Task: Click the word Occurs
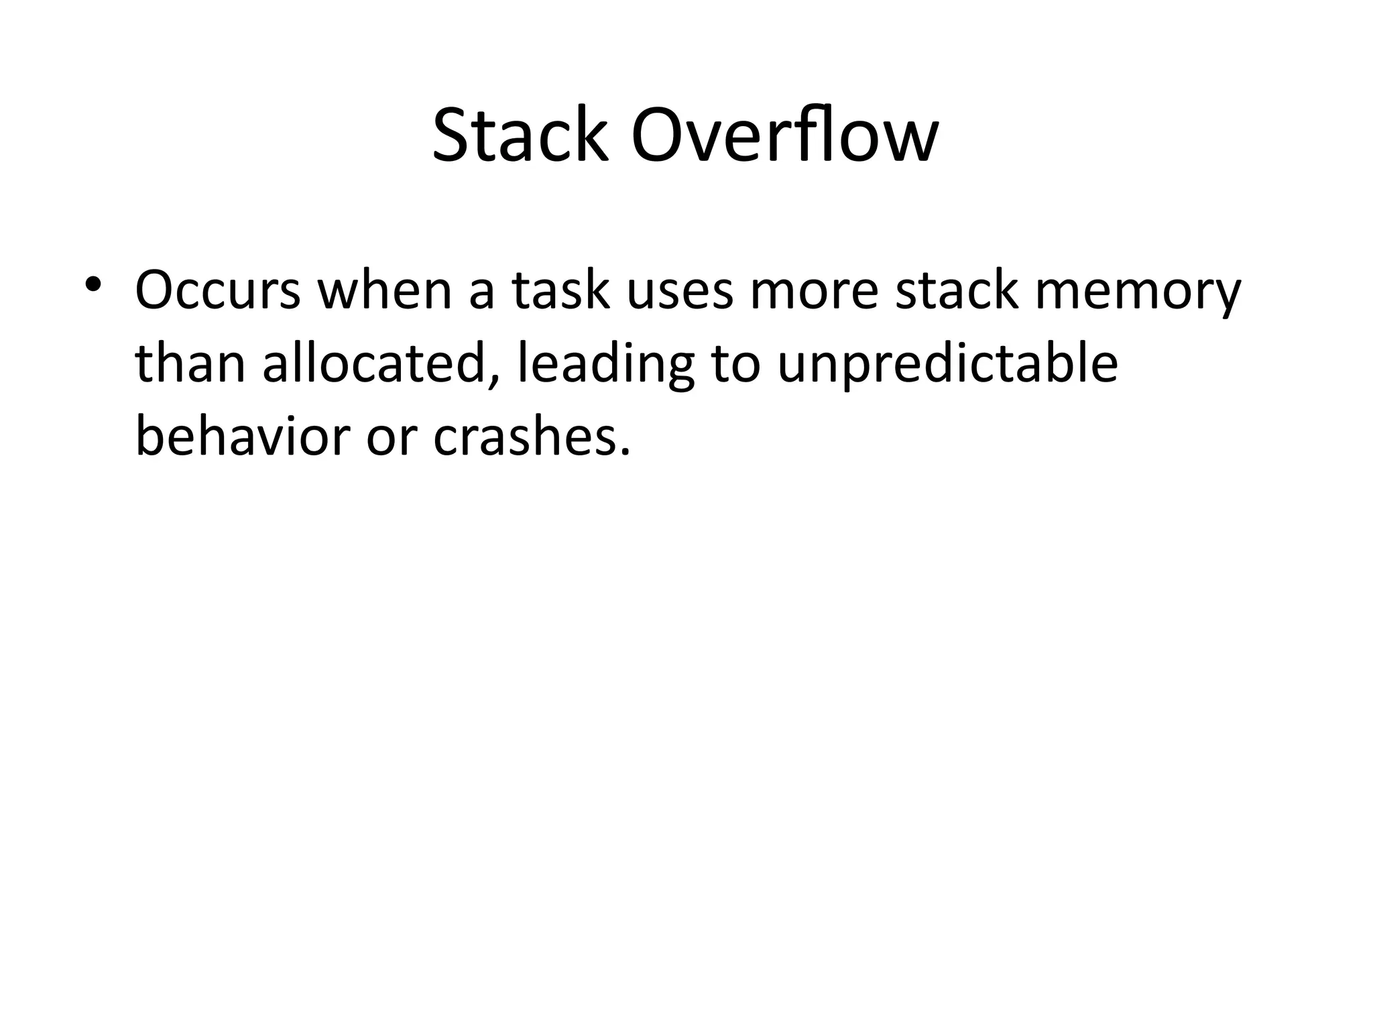pos(218,291)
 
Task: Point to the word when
pos(385,291)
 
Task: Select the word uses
pos(680,292)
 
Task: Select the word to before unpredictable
pos(735,366)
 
